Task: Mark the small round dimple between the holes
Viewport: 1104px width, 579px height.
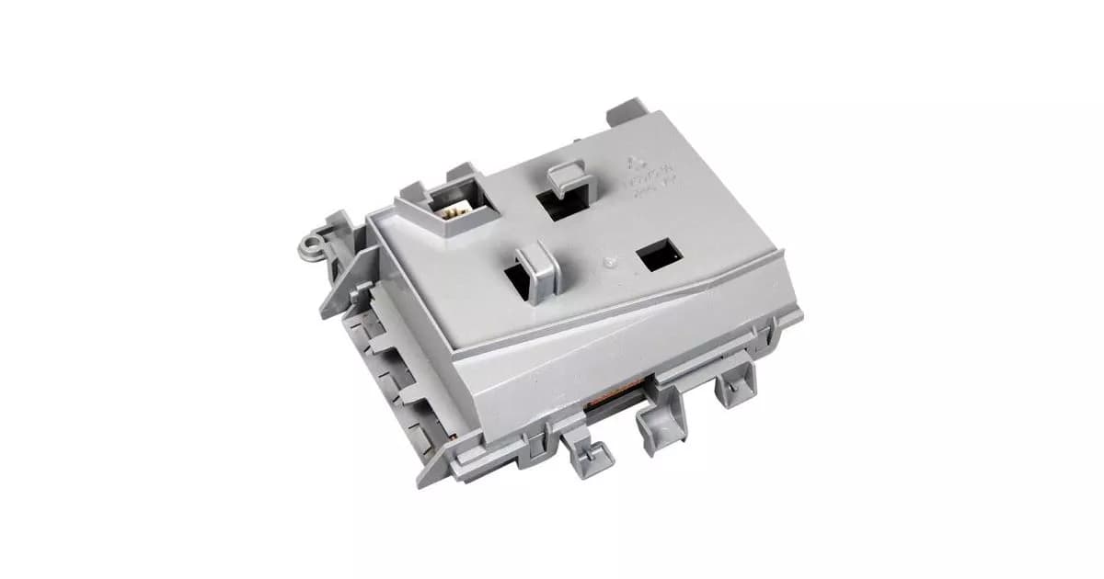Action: pyautogui.click(x=605, y=262)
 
